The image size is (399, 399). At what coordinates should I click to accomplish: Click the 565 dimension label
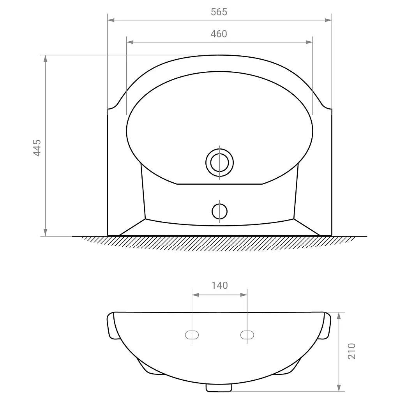pos(219,12)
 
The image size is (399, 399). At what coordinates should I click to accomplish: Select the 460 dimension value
pos(219,34)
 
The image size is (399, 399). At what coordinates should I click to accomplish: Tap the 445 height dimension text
pos(37,148)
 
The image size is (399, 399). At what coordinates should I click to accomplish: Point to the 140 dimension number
pos(220,286)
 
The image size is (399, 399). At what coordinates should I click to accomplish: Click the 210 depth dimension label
pos(351,351)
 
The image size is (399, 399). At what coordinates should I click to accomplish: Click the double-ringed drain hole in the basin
pos(219,162)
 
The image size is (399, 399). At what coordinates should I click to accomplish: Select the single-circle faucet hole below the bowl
pos(219,212)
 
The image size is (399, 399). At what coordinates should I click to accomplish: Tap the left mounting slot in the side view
pos(192,335)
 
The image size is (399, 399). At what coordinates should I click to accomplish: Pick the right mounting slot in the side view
pos(247,335)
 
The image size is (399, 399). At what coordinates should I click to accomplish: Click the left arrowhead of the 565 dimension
pos(111,20)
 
